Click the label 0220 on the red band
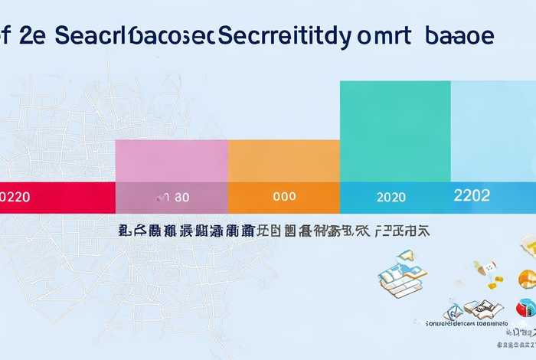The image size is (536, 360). click(15, 197)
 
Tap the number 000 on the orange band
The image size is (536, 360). click(284, 197)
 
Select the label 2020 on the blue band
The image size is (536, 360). click(391, 197)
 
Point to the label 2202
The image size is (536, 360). click(472, 195)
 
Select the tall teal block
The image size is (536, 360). click(394, 131)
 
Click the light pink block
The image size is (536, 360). click(172, 161)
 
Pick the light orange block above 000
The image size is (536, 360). click(283, 161)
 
